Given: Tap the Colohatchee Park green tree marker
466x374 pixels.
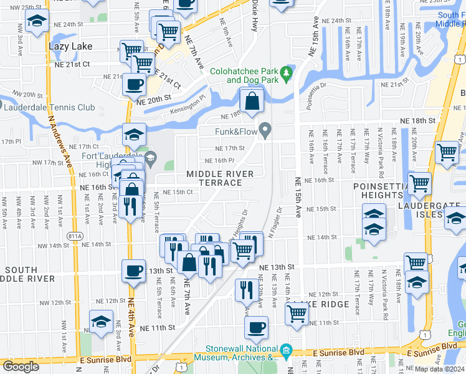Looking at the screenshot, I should (x=287, y=74).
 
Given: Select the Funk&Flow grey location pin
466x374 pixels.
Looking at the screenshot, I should (x=265, y=131).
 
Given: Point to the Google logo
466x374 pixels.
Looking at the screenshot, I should (x=21, y=367).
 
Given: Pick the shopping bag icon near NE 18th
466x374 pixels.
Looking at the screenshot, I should (x=251, y=101).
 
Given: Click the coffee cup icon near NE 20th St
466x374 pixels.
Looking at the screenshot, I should (x=133, y=84).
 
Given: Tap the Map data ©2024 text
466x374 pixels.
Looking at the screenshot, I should (x=440, y=369).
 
